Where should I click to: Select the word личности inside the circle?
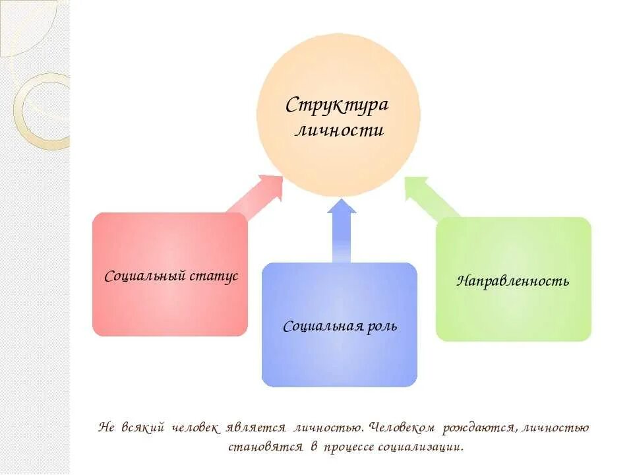(338, 130)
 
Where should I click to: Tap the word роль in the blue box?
(382, 326)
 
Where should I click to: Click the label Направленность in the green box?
(513, 281)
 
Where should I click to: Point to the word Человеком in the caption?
(402, 427)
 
